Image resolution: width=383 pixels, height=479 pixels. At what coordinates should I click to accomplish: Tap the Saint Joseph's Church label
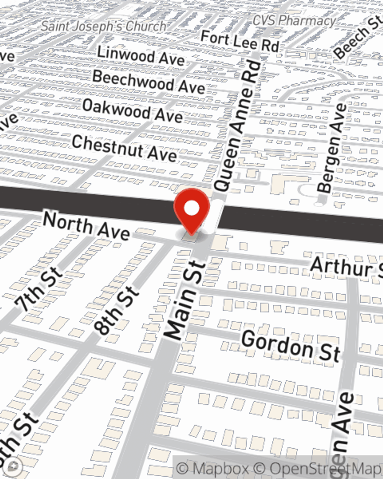tap(104, 26)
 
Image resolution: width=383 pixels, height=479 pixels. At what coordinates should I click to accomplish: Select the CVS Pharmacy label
tap(294, 20)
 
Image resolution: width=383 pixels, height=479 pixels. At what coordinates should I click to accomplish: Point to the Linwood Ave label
tap(141, 55)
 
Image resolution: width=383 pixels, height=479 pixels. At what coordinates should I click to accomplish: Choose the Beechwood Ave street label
tap(149, 82)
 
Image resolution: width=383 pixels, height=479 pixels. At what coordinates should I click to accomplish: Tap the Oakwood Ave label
tap(132, 110)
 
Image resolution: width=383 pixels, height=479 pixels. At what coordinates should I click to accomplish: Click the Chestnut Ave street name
tap(124, 148)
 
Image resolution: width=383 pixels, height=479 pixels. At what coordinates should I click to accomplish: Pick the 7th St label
tap(38, 289)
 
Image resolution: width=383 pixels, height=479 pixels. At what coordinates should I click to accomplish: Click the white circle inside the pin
tap(191, 209)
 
